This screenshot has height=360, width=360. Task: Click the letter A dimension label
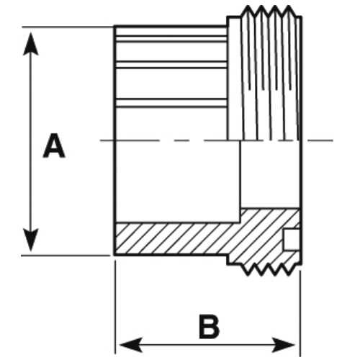[x=54, y=146]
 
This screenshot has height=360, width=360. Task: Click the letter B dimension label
[x=210, y=327]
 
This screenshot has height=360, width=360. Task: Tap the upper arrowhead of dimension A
[x=31, y=44]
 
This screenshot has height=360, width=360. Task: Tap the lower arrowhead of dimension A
[x=31, y=240]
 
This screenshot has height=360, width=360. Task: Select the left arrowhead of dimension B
[x=131, y=345]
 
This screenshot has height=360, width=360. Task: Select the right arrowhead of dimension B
[x=283, y=345]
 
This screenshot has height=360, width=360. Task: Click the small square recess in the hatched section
[x=292, y=240]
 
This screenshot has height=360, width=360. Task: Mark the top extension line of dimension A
[x=68, y=27]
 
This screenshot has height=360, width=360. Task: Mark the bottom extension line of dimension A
[x=66, y=256]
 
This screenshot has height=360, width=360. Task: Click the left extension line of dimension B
[x=115, y=307]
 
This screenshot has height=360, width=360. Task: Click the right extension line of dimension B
[x=300, y=313]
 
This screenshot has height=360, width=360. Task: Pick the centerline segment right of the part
[x=320, y=140]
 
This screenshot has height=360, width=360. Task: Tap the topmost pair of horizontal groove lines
[x=171, y=39]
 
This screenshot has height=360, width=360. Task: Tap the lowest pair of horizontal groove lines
[x=171, y=103]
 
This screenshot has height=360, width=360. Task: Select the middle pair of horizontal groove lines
[x=171, y=65]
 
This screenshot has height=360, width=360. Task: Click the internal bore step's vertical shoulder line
[x=240, y=181]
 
